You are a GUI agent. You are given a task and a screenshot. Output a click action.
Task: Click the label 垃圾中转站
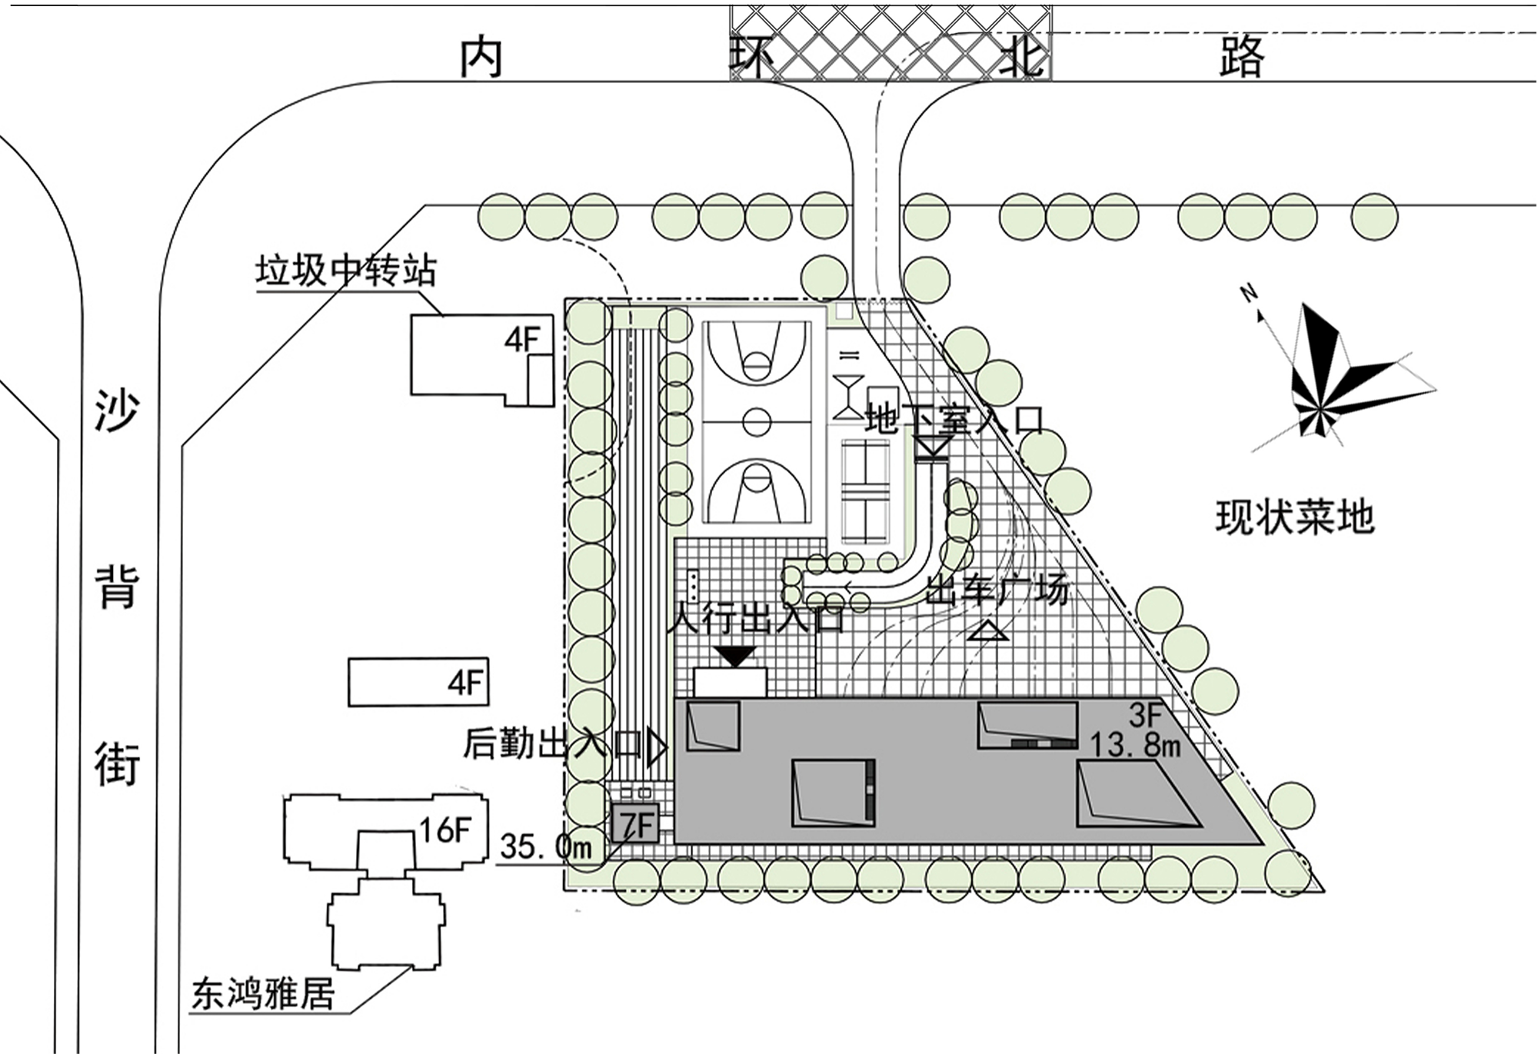345,271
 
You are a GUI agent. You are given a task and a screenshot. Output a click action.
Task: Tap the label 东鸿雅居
262,993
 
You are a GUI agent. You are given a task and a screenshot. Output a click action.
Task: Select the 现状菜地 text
1294,517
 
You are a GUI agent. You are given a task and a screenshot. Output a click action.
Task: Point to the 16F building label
444,830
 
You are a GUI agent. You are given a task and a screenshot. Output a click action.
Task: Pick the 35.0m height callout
546,847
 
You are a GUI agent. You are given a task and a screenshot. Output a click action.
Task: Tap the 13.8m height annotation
1135,745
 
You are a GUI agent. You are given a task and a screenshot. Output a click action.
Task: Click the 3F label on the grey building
1145,716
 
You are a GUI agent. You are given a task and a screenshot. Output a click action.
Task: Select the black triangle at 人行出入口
736,657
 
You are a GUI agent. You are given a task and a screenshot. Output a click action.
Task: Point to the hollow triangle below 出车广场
987,632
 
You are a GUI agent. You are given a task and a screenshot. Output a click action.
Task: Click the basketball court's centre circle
757,421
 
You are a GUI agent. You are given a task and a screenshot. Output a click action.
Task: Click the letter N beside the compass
1249,293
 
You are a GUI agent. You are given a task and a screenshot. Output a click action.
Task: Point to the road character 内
481,58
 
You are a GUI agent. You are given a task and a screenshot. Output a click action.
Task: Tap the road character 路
1241,56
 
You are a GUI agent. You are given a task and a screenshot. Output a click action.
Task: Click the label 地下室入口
954,421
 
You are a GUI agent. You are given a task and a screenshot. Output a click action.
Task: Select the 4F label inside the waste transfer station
522,339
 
